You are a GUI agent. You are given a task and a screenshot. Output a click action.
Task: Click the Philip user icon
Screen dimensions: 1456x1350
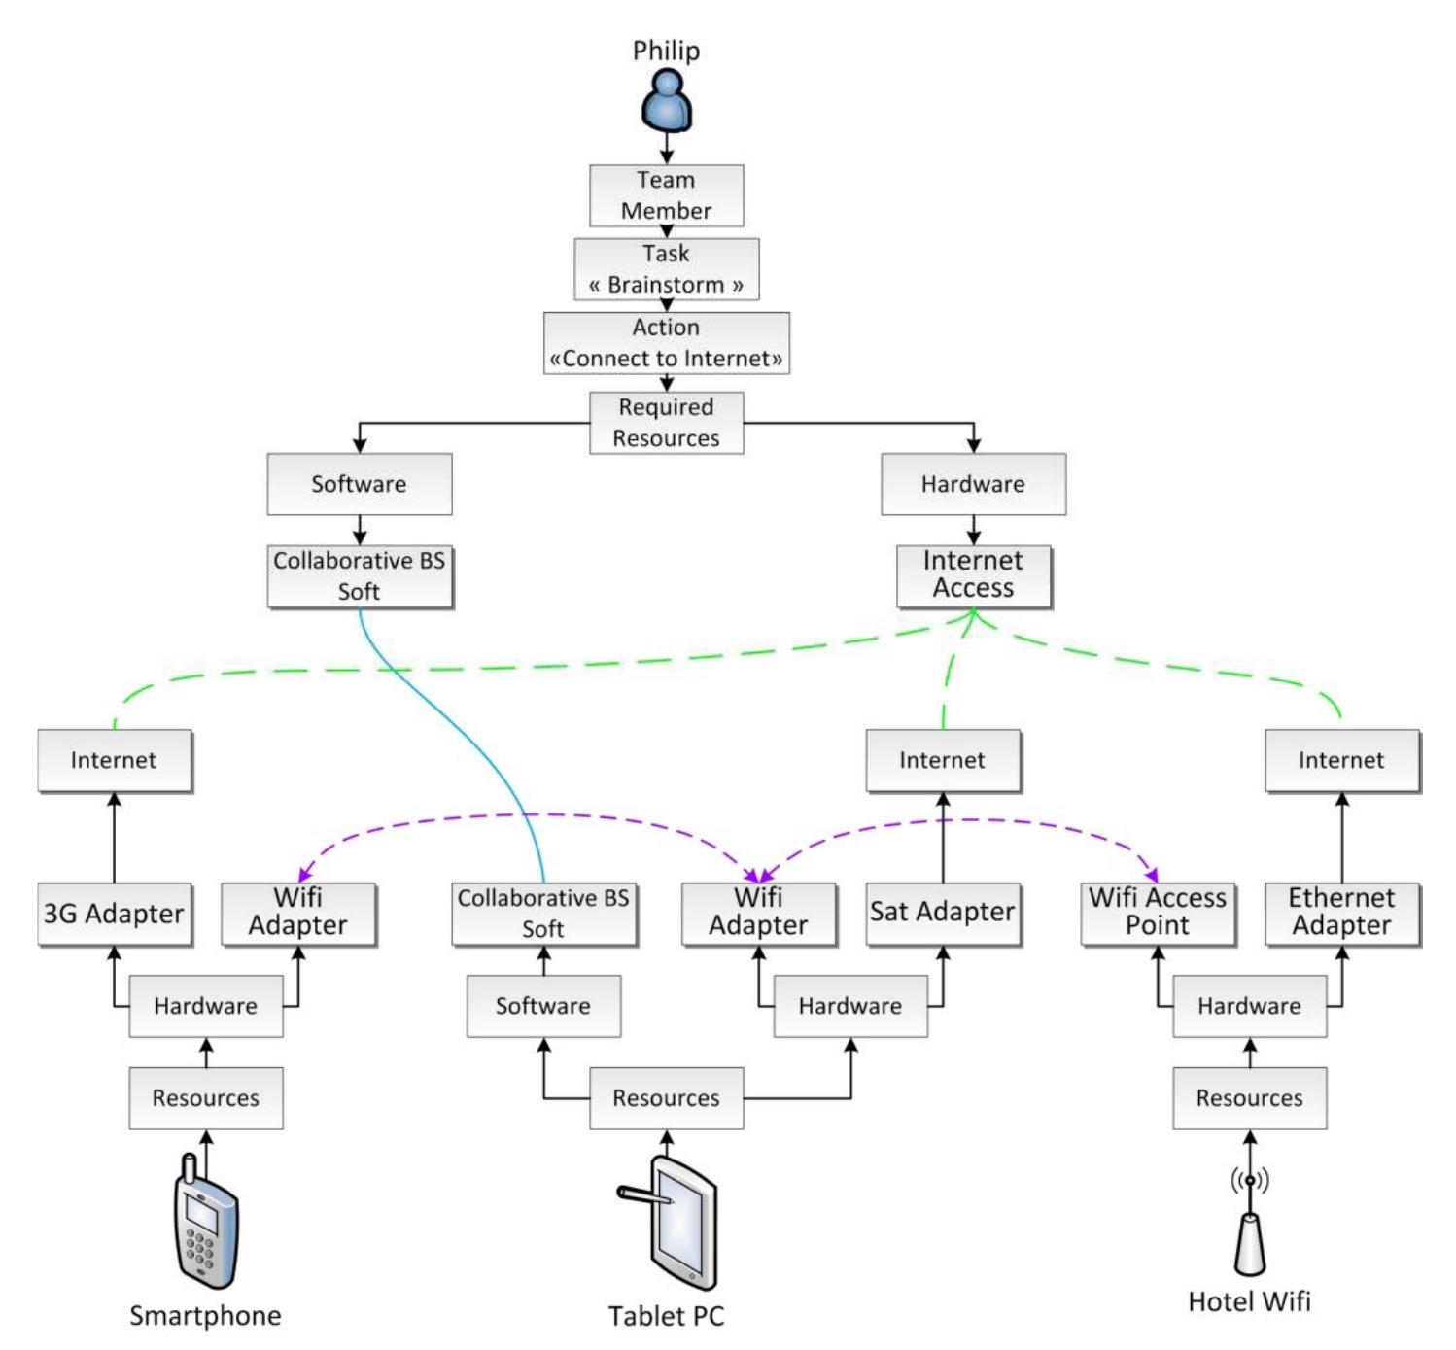[666, 100]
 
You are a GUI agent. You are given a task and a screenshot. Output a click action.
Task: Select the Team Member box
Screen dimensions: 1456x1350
[666, 195]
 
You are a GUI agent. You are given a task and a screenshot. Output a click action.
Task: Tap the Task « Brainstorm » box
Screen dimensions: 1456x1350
[666, 268]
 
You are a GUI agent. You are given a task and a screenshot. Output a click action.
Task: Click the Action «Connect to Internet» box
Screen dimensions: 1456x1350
[666, 342]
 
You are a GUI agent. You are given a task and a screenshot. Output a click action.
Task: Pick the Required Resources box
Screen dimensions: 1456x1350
[666, 423]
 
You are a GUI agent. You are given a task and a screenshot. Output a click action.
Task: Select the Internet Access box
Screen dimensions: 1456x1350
[973, 575]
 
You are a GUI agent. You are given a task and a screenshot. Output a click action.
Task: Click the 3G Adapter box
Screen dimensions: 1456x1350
[115, 914]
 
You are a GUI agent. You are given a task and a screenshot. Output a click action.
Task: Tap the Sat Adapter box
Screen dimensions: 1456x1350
[943, 914]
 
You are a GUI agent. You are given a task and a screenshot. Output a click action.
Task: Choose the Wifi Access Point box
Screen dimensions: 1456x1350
[1158, 914]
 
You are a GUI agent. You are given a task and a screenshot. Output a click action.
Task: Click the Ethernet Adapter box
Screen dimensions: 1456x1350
[1341, 914]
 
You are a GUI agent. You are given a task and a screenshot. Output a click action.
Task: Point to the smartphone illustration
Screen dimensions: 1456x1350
[206, 1221]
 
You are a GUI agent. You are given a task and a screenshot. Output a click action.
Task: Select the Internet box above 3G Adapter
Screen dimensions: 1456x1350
[115, 760]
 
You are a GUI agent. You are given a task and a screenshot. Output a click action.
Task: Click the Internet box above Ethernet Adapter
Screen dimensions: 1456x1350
[1341, 760]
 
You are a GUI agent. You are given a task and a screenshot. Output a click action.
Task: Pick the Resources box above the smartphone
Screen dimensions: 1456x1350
[206, 1097]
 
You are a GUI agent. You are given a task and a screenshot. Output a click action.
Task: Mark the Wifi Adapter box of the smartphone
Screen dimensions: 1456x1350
[298, 914]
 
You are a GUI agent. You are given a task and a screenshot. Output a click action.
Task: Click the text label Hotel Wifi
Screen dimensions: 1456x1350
[1249, 1301]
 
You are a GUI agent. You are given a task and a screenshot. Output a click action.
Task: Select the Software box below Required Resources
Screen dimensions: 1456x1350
[360, 484]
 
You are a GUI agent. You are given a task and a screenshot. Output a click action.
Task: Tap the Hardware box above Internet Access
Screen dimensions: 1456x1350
[973, 484]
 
